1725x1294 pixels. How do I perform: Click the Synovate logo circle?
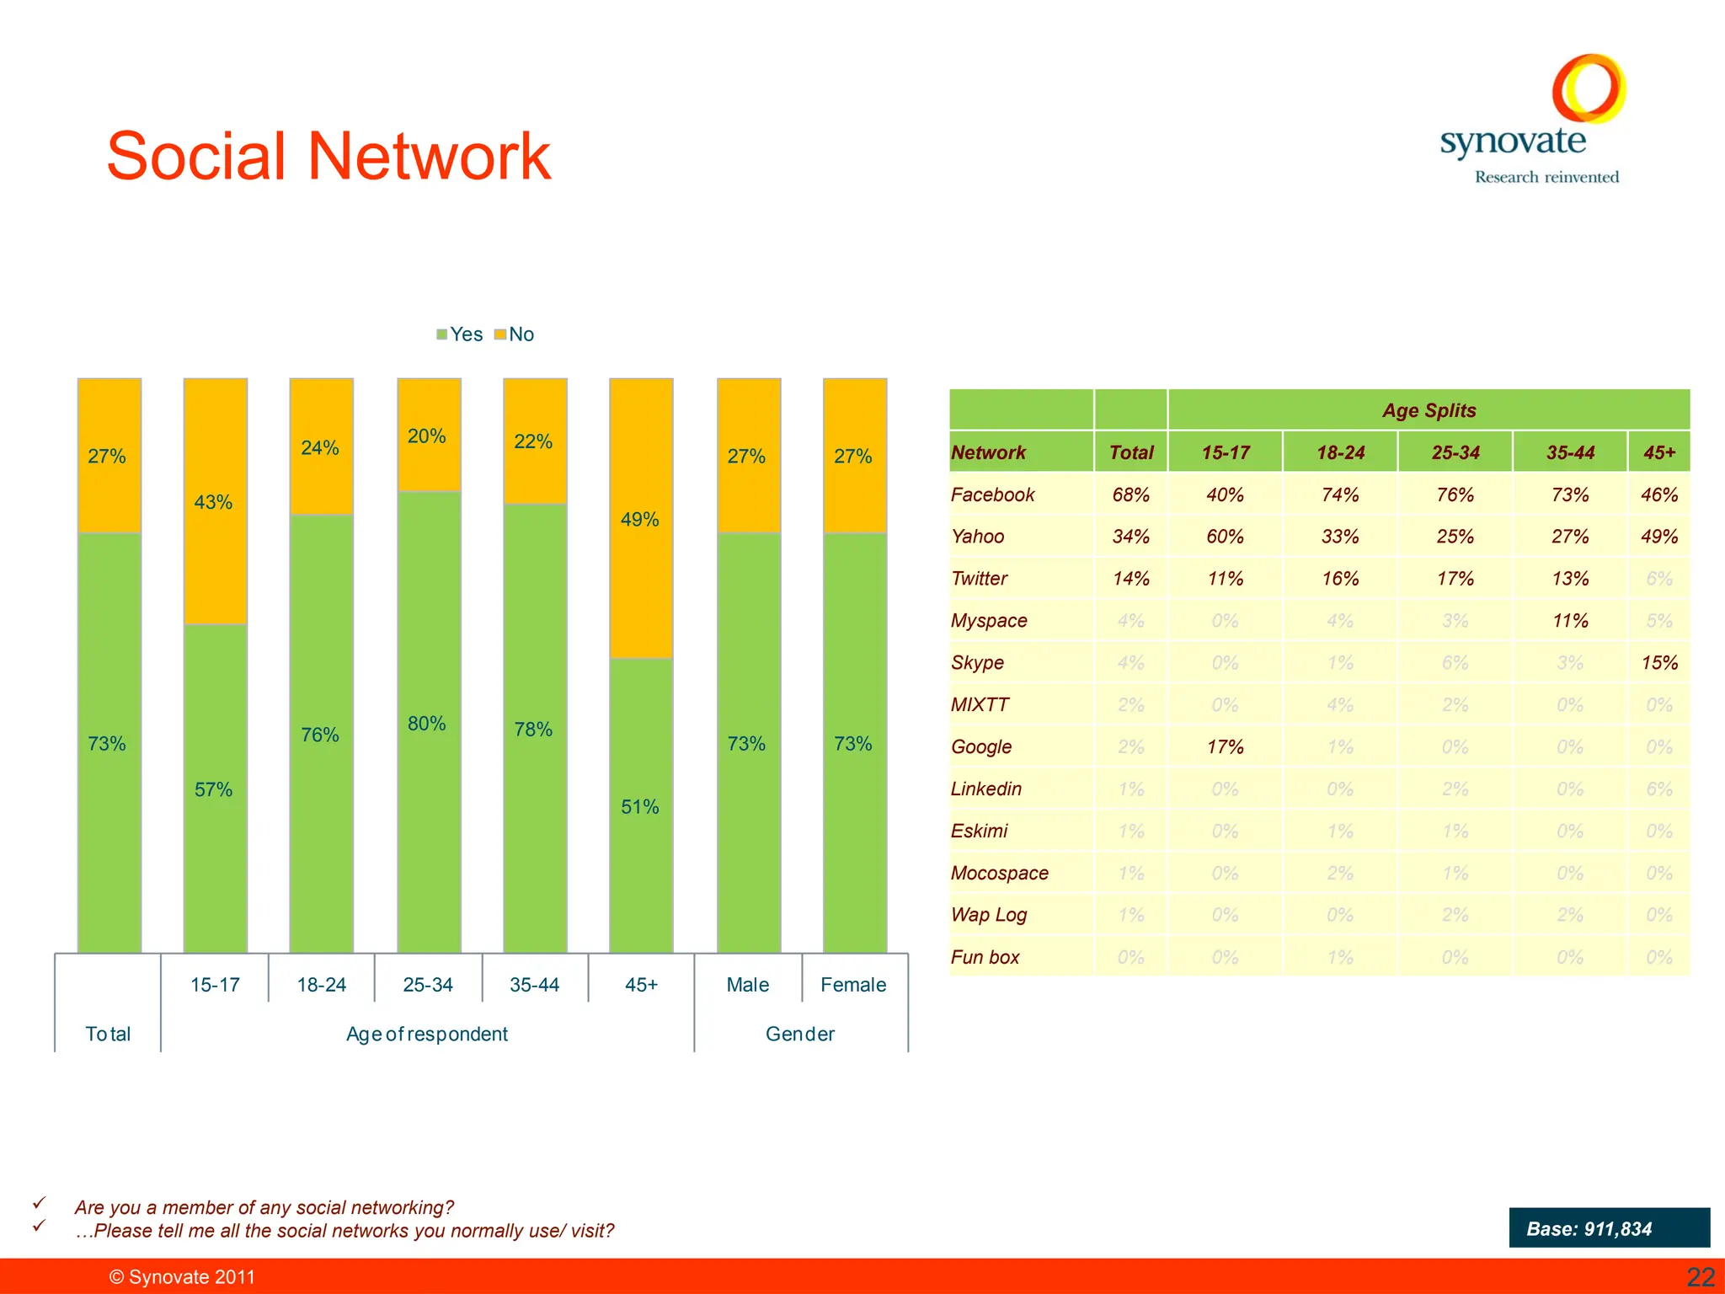[1589, 88]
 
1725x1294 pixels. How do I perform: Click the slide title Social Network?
[328, 157]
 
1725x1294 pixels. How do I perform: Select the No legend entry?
[515, 334]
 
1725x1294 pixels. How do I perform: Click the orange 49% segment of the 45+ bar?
[641, 518]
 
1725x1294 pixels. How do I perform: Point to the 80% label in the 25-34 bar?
[427, 724]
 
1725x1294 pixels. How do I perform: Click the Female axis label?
[853, 985]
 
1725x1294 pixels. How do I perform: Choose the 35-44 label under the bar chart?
[534, 985]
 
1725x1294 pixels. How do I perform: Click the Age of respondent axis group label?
[427, 1034]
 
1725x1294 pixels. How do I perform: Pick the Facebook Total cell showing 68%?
[1130, 495]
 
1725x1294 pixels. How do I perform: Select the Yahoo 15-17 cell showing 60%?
[1225, 537]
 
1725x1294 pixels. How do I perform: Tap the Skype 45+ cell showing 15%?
[1658, 663]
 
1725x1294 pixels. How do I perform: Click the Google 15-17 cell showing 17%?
[1225, 747]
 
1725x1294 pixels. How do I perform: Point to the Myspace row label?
[989, 621]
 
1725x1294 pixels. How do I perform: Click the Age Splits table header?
[1429, 410]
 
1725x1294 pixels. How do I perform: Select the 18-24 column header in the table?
[1340, 452]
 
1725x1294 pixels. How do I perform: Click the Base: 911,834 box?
[1609, 1228]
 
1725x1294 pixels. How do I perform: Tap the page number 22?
[1700, 1277]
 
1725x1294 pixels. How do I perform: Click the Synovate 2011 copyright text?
[182, 1277]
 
